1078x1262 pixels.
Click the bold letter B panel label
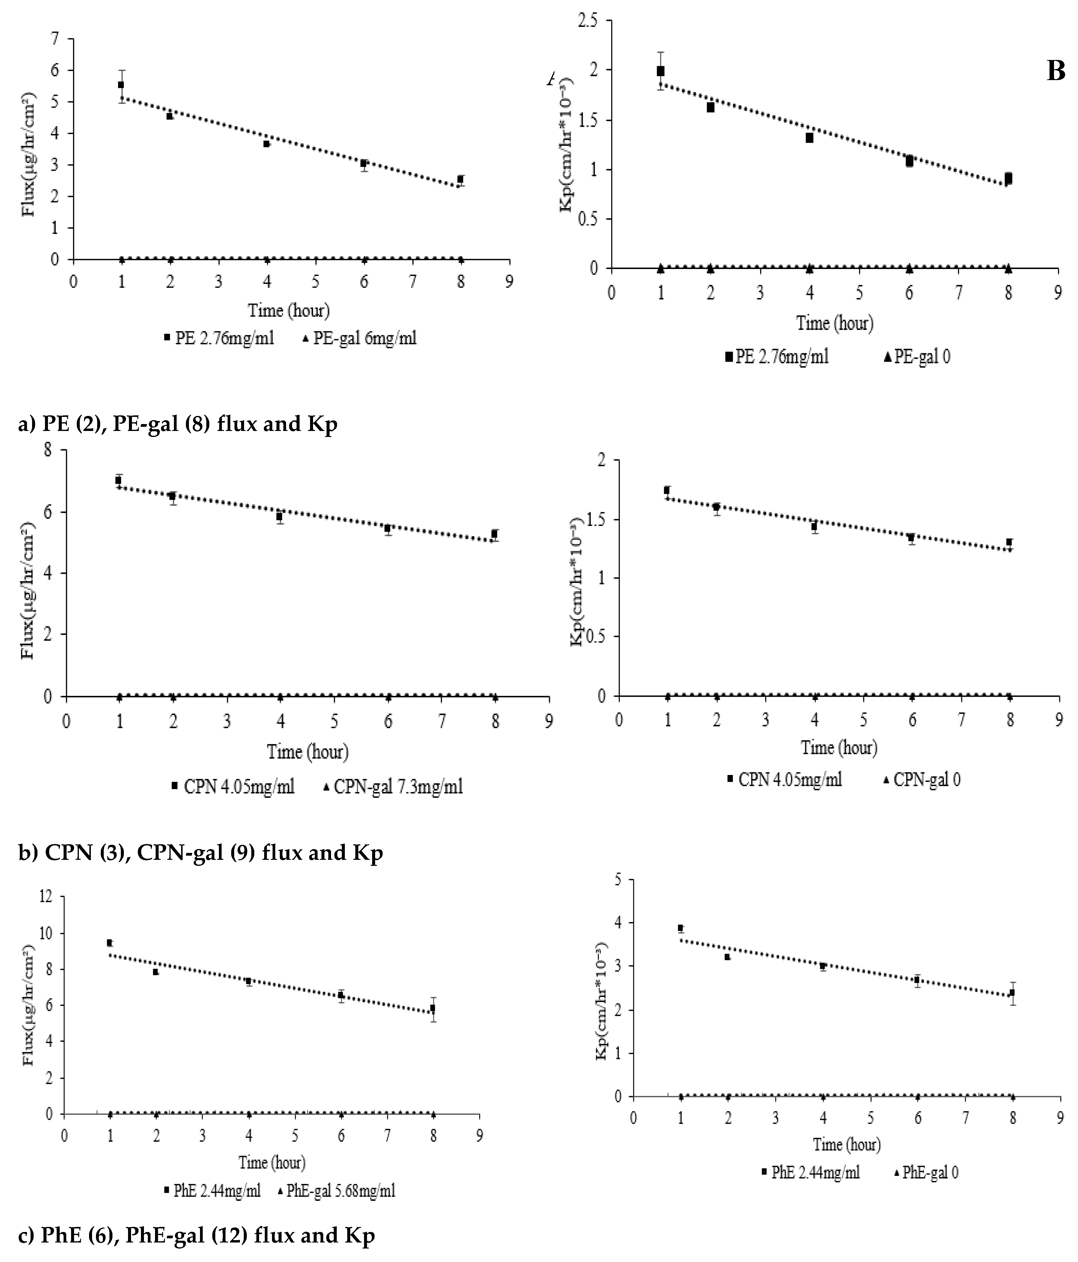(1056, 72)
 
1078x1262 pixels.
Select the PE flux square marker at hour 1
(121, 85)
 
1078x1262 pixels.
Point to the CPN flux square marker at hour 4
(279, 516)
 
